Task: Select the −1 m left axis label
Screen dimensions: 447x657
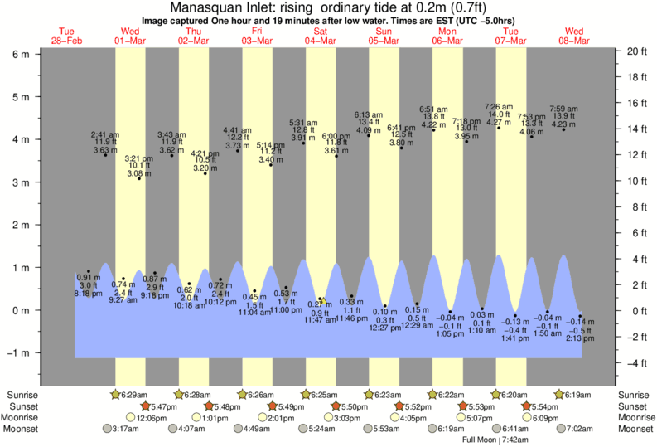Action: coord(18,352)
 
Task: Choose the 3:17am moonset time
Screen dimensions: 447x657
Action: coord(121,430)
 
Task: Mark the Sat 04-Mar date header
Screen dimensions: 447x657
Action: coord(320,36)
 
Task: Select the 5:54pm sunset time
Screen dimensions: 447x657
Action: coord(543,407)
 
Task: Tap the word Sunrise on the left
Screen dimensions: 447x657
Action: coord(24,396)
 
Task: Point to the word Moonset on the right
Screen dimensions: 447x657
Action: coord(634,430)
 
